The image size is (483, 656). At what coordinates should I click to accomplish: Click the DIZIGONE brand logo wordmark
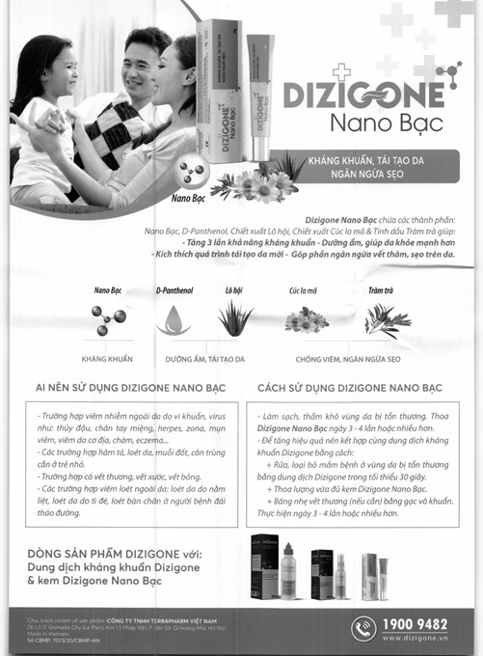coord(363,94)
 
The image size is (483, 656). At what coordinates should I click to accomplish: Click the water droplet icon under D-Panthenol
coord(174,319)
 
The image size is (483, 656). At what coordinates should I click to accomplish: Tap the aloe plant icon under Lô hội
coord(234,318)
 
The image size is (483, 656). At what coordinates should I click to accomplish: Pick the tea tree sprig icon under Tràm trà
coord(387,319)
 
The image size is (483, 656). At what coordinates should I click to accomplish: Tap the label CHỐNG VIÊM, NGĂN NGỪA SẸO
coord(347,358)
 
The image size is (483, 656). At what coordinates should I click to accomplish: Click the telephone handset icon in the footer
coord(363,629)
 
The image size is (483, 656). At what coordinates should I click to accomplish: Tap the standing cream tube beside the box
coord(258,92)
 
